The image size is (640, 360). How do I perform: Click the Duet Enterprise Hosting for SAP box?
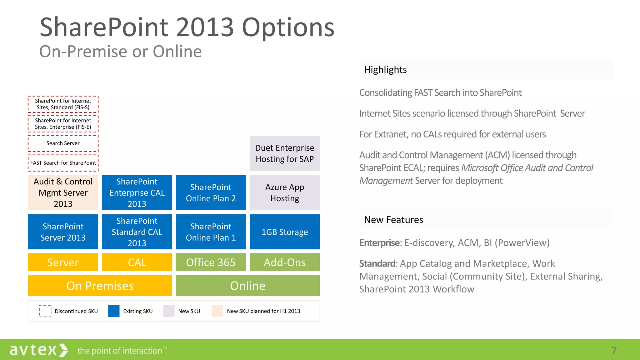(285, 153)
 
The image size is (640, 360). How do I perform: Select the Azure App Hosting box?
(285, 192)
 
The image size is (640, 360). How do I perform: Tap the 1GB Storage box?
(285, 232)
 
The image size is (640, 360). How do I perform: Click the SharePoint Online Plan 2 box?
(211, 192)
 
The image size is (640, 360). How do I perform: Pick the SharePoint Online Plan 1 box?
(211, 232)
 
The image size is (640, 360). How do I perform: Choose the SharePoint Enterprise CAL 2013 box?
(137, 192)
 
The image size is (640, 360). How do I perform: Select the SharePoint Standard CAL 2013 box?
(137, 232)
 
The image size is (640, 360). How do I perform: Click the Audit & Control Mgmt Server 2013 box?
(63, 192)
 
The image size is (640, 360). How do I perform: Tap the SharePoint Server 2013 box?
(63, 232)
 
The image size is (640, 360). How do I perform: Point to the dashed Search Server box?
(63, 143)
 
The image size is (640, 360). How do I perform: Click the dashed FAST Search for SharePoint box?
(63, 163)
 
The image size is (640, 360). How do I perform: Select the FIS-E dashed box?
(63, 124)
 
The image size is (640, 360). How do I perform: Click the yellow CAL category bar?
(137, 262)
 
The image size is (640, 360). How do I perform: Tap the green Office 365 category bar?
(211, 262)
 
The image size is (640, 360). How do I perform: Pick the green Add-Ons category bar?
(285, 262)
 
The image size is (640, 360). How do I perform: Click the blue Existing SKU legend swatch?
(114, 311)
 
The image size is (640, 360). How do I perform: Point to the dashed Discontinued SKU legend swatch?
(45, 311)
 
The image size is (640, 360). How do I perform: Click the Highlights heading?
(385, 70)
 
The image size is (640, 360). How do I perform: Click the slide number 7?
(614, 351)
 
